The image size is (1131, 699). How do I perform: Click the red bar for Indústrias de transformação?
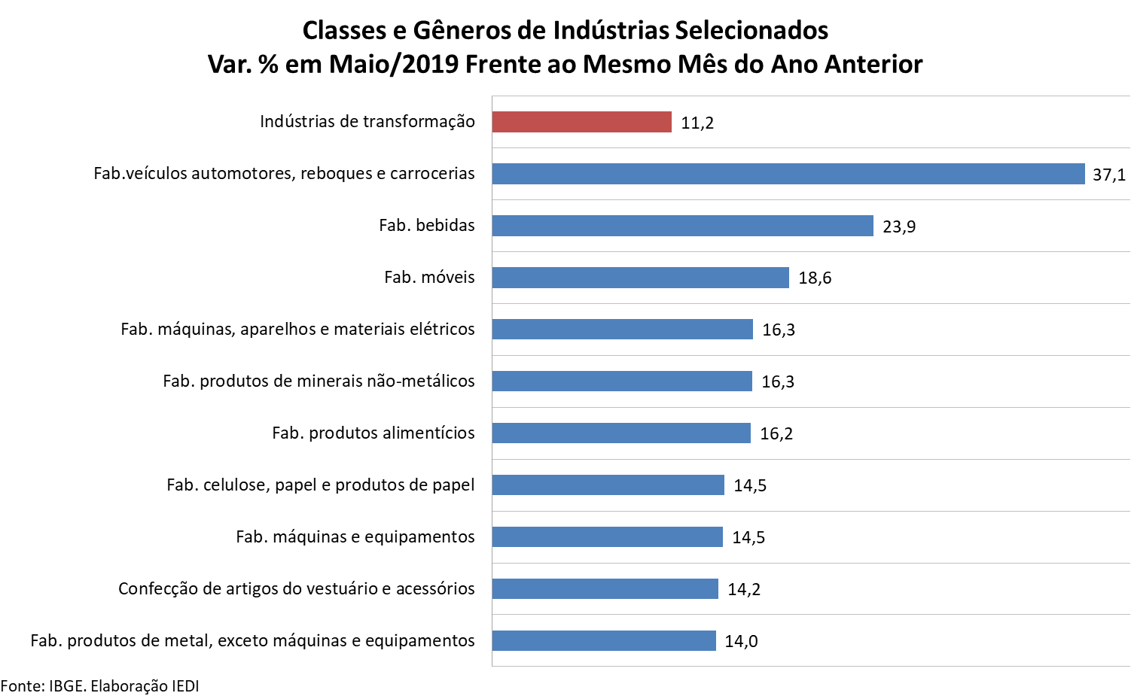[x=581, y=122]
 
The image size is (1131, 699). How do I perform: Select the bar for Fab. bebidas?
[x=682, y=226]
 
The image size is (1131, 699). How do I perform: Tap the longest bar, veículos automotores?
[x=788, y=174]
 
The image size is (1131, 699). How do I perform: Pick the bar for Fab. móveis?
[x=640, y=278]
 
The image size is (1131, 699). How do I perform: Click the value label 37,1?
[x=1108, y=175]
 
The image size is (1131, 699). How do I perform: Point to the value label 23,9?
[x=899, y=227]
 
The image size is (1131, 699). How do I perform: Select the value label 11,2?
[x=697, y=123]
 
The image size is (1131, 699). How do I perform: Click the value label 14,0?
[x=741, y=642]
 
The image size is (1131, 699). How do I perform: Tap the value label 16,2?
[x=776, y=434]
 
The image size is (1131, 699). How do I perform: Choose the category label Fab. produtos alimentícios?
[x=373, y=433]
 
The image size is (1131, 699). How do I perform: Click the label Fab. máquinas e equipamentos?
[x=355, y=537]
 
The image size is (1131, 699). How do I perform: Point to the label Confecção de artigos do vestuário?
[x=297, y=589]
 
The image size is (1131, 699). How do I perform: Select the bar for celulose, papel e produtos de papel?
[x=608, y=485]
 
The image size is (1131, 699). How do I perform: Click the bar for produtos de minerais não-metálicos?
[x=622, y=381]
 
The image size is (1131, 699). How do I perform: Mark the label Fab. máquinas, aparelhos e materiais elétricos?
[x=298, y=330]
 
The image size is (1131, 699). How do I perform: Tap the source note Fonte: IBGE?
[x=99, y=686]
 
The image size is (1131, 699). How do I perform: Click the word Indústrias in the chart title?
[x=610, y=30]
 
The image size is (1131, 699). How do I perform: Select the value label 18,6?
[x=815, y=278]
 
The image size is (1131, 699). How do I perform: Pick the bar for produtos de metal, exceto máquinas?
[x=604, y=641]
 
